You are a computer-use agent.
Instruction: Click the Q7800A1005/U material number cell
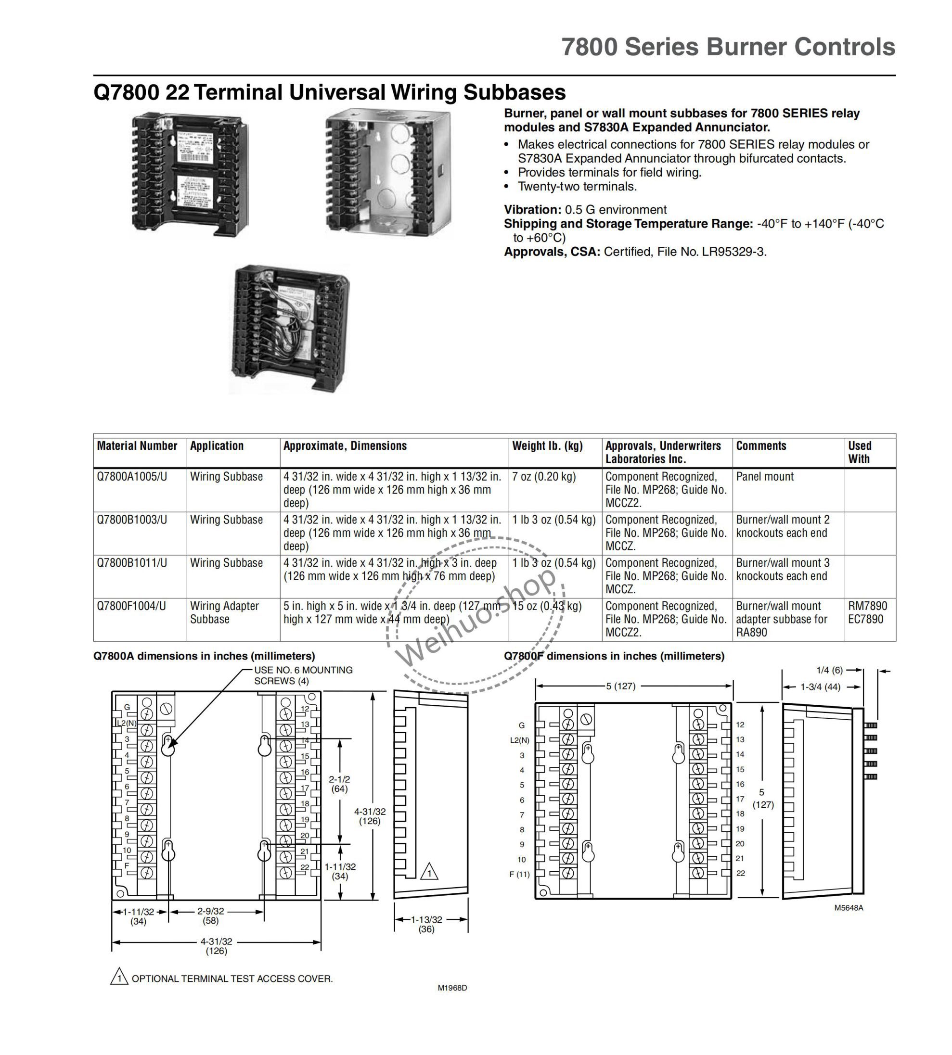coord(132,477)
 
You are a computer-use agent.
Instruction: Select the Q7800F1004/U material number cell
coord(131,606)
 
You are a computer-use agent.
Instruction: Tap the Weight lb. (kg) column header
coord(547,446)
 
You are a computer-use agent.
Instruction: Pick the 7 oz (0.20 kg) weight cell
coord(544,477)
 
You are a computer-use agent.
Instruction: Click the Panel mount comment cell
coord(765,477)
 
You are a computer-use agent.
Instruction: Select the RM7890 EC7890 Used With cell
coord(868,613)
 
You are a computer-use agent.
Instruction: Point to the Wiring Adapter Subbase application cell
coord(224,613)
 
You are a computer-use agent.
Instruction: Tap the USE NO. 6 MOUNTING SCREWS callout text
coord(303,675)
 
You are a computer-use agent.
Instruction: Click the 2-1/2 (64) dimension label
coord(339,784)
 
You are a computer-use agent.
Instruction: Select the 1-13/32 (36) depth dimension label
coord(426,924)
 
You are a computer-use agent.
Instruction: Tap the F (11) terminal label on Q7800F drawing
coord(519,874)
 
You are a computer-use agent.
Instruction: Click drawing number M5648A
coord(849,908)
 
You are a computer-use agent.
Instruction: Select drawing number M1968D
coord(452,988)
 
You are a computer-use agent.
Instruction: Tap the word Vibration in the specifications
coord(531,210)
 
